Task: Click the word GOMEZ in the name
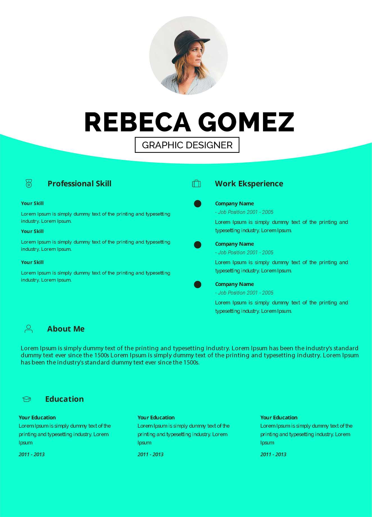point(246,122)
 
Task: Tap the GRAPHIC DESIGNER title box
point(187,145)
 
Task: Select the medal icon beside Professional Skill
point(29,183)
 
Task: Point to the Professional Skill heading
point(80,183)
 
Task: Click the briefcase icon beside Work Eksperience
point(196,183)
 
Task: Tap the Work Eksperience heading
point(249,183)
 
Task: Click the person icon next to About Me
point(29,329)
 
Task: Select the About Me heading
point(66,329)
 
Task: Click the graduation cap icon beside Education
point(27,399)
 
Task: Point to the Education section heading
point(64,399)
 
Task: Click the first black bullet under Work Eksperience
point(198,203)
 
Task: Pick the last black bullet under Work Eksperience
point(198,285)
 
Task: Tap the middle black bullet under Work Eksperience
point(198,245)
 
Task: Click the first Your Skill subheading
point(32,203)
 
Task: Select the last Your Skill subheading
point(32,262)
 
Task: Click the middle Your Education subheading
point(156,417)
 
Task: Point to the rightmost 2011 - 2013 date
point(273,454)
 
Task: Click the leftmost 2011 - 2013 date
point(31,454)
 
